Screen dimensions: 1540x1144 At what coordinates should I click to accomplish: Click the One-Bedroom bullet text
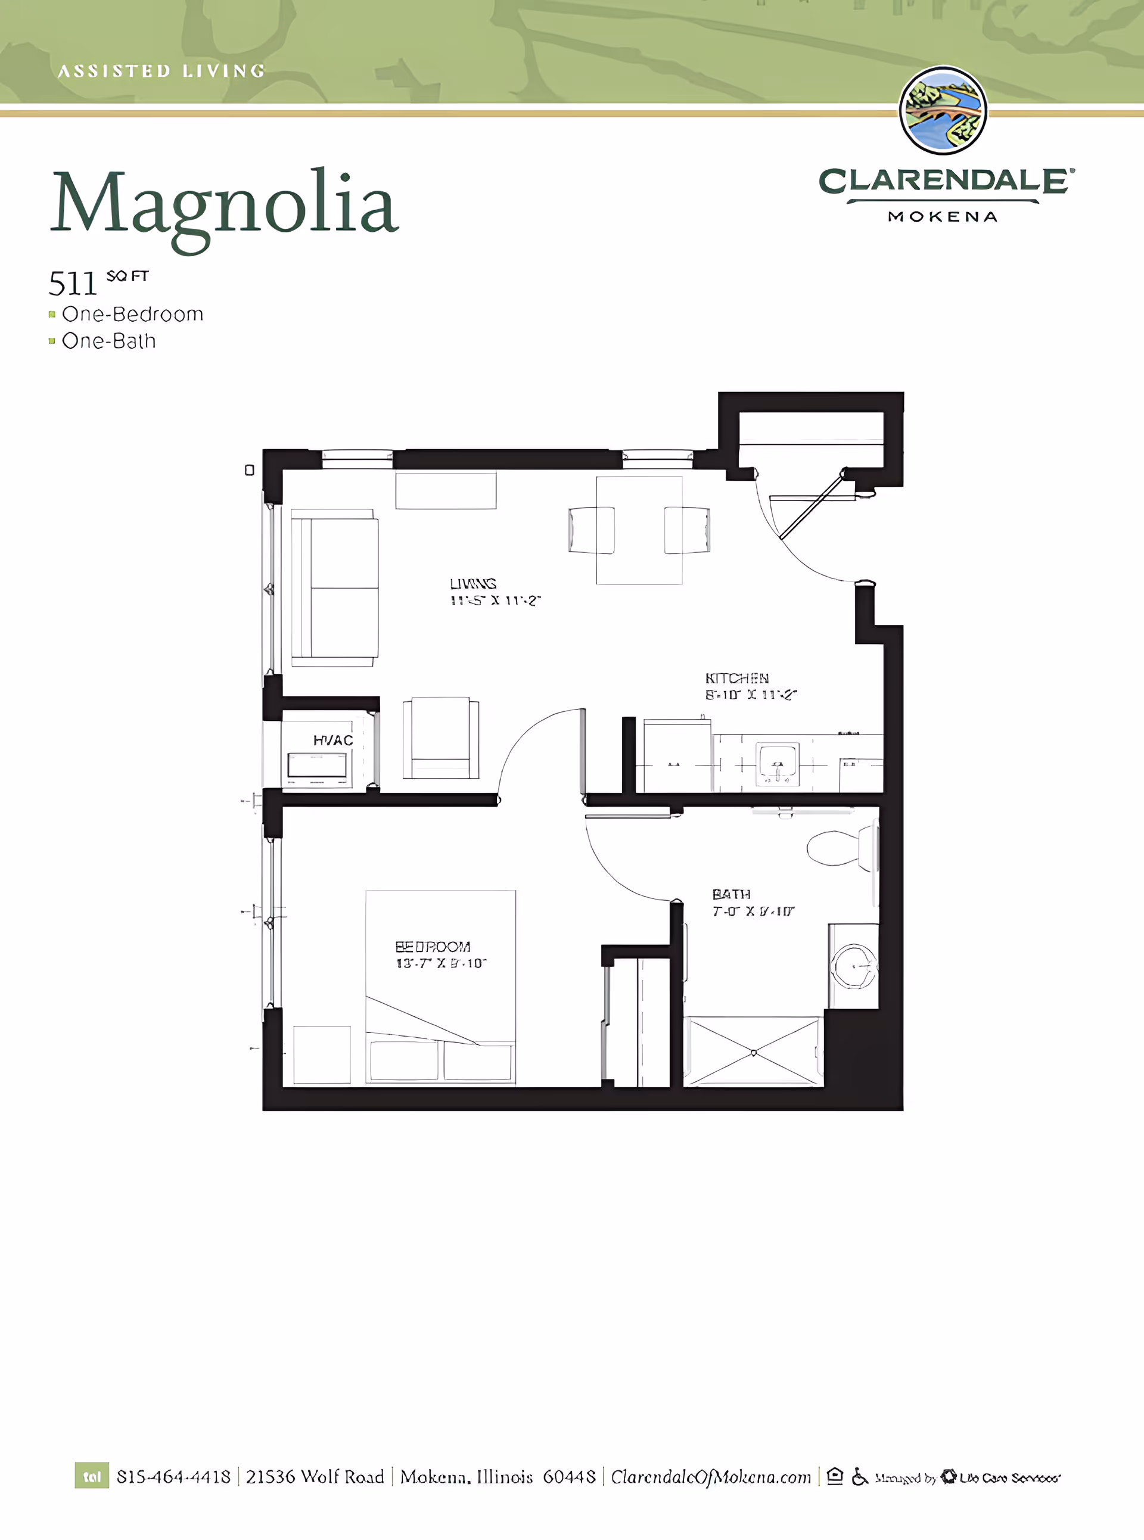pos(132,315)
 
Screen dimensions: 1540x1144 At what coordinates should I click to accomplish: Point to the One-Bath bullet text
pos(108,341)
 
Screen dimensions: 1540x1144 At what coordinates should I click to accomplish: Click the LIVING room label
pos(473,584)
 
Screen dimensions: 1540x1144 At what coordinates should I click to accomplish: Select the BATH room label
pos(731,894)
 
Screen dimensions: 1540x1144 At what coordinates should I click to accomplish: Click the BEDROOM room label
pos(433,947)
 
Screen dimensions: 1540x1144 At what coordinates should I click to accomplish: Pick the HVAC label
pos(333,741)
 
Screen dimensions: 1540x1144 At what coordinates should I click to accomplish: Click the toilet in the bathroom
pos(838,847)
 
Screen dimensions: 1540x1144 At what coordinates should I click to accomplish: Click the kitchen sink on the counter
pos(778,764)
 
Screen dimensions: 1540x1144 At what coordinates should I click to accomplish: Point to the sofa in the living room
pos(334,588)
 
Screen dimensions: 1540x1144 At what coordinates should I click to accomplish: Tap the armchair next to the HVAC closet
pos(441,738)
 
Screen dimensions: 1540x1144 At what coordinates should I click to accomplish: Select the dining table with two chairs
pos(639,530)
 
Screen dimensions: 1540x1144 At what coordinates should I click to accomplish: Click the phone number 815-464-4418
pos(173,1477)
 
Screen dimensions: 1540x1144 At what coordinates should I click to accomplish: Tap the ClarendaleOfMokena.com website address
pos(710,1477)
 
